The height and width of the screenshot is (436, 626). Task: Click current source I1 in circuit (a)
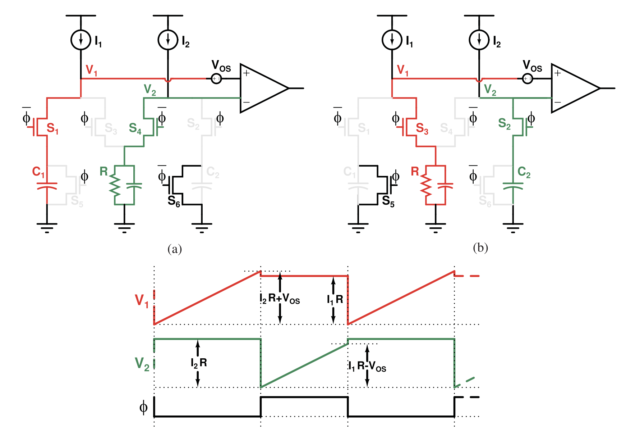(x=81, y=40)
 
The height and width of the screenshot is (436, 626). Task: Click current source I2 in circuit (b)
(x=479, y=40)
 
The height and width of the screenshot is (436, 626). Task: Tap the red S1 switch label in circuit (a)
(x=52, y=128)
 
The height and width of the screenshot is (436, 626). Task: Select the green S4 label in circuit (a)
(x=135, y=128)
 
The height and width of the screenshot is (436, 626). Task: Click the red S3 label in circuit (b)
(x=422, y=128)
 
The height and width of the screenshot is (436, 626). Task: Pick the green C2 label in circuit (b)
(x=524, y=172)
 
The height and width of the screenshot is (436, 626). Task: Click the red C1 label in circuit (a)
(x=38, y=172)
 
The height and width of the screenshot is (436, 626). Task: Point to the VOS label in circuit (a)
(x=221, y=66)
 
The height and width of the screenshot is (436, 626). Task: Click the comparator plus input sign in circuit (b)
(x=557, y=73)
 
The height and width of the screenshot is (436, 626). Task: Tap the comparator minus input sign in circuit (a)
(x=246, y=103)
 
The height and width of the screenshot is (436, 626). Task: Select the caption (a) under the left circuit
(x=175, y=249)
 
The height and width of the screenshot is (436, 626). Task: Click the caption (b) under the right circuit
(x=480, y=248)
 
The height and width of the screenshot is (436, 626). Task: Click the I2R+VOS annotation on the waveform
(x=280, y=299)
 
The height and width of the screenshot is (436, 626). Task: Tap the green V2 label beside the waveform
(x=142, y=364)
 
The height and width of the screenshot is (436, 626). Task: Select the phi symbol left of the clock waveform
(x=143, y=408)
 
